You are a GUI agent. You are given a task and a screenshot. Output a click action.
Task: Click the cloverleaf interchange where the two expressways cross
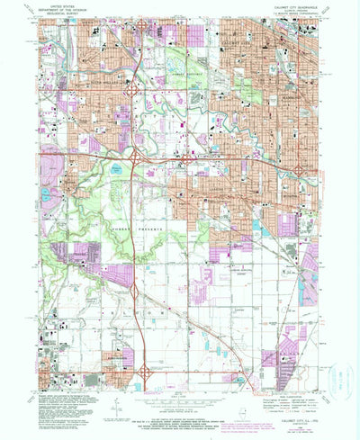coord(134,157)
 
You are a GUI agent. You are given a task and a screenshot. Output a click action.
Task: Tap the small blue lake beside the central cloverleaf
coord(121,167)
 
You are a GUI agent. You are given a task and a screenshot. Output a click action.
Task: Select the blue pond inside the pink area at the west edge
coord(45,193)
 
